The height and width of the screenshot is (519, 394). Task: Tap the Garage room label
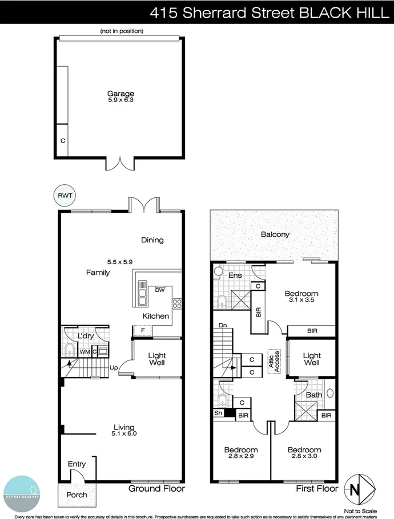pyautogui.click(x=120, y=94)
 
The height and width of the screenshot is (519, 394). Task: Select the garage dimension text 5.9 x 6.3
pyautogui.click(x=120, y=100)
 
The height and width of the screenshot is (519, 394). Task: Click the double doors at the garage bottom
pyautogui.click(x=120, y=163)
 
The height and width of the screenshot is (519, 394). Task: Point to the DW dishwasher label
pyautogui.click(x=160, y=289)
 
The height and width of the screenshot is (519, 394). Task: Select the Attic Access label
pyautogui.click(x=274, y=361)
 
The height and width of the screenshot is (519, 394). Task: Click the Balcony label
pyautogui.click(x=275, y=234)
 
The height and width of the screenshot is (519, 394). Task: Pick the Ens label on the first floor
pyautogui.click(x=235, y=275)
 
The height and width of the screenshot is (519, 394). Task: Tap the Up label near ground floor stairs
pyautogui.click(x=114, y=368)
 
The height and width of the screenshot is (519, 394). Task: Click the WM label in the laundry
pyautogui.click(x=85, y=352)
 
